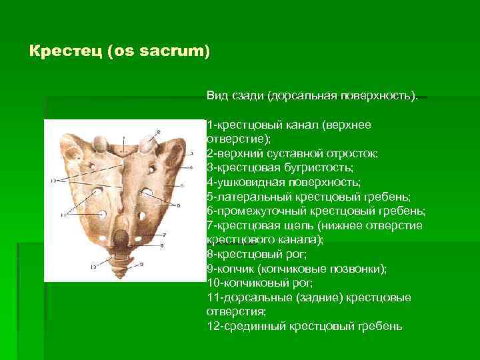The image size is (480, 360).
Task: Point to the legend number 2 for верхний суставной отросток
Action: tap(210, 153)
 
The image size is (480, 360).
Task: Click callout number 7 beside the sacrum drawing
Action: tap(165, 235)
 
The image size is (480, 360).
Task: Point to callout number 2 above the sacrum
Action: tap(158, 132)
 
